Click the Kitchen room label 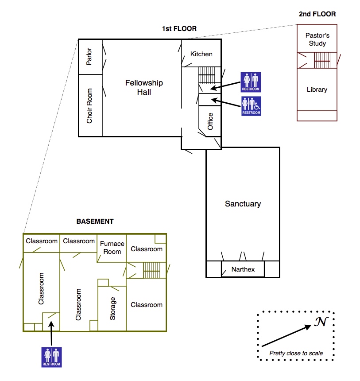[x=201, y=54]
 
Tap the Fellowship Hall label [x=144, y=87]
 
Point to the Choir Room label [x=89, y=106]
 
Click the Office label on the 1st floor [x=210, y=121]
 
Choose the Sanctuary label [x=243, y=204]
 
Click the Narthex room [x=243, y=269]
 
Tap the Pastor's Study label [x=317, y=39]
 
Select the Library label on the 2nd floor [x=317, y=89]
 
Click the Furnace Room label [x=112, y=248]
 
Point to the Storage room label [x=112, y=308]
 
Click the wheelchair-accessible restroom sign [x=251, y=106]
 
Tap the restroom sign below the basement [x=52, y=357]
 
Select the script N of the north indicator [x=321, y=323]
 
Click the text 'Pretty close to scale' [x=296, y=353]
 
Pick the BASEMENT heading [x=95, y=222]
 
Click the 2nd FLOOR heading [x=317, y=14]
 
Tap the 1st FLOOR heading [x=179, y=29]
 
